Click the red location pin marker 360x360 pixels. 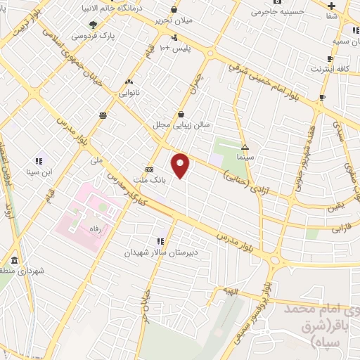pos(181,166)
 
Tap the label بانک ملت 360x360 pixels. pos(169,180)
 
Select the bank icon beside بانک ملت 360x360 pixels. pos(149,169)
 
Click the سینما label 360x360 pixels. pos(245,158)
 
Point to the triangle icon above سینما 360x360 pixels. pos(245,147)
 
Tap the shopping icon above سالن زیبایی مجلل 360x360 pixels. pos(181,114)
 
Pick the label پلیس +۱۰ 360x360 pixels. pos(174,47)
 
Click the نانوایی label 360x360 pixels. pos(130,92)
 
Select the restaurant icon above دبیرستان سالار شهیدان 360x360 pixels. pos(161,241)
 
